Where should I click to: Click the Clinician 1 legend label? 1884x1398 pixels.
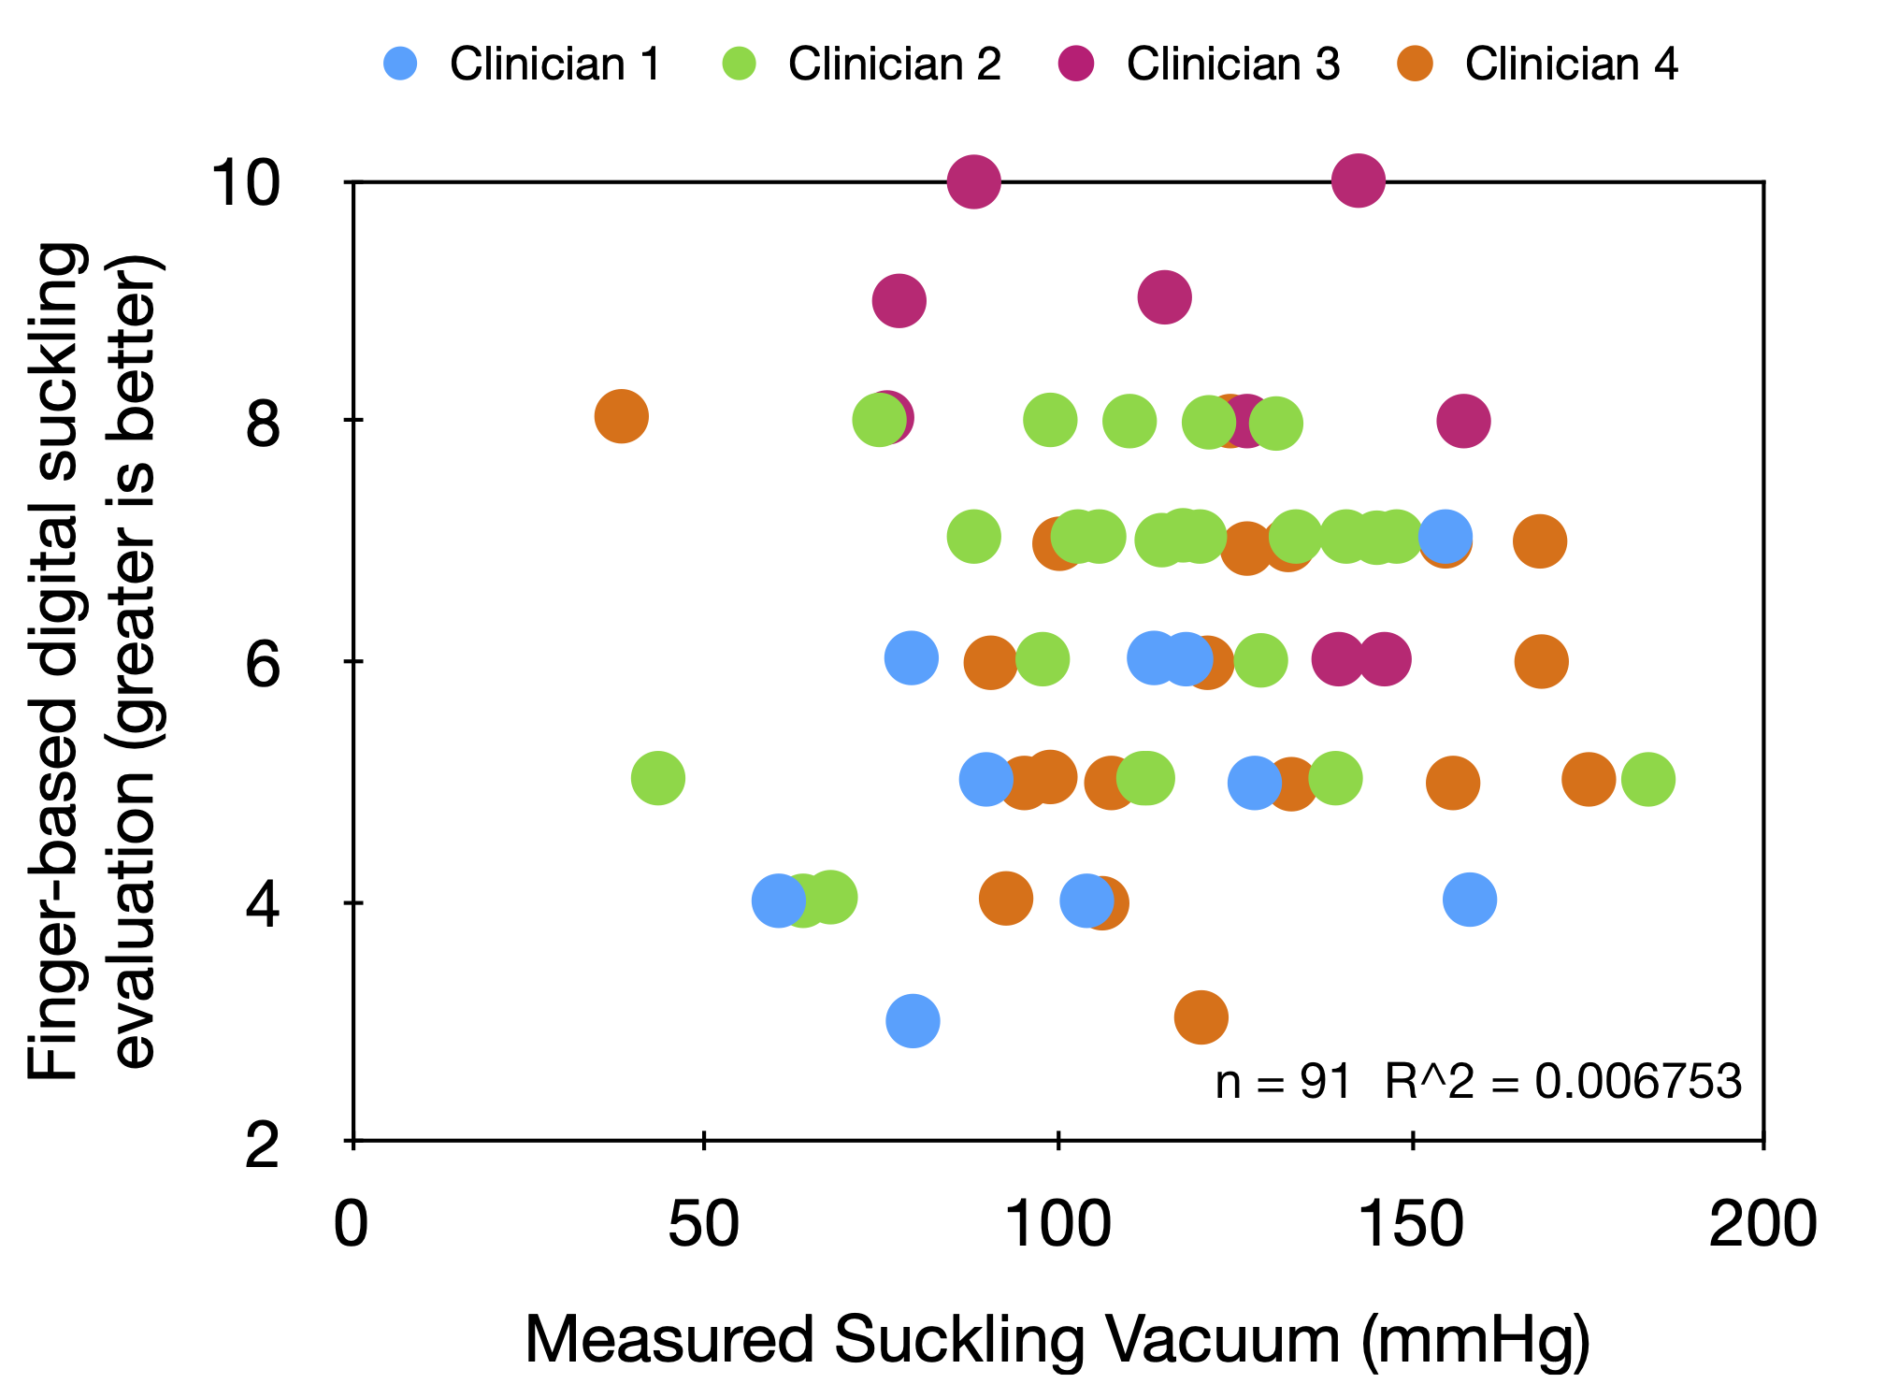(x=555, y=64)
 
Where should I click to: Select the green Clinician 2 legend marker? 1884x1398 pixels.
(x=739, y=64)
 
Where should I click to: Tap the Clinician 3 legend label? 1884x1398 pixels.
(x=1232, y=64)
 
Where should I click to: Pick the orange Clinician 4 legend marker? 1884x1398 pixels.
(x=1416, y=64)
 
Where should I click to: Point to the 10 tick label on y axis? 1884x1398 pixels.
(x=245, y=181)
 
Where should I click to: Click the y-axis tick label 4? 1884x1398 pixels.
(x=263, y=905)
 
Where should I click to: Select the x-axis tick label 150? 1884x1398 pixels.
(x=1411, y=1225)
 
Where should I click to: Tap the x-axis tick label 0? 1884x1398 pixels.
(x=352, y=1225)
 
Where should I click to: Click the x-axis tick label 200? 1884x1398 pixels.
(x=1762, y=1225)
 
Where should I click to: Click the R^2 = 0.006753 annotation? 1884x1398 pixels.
(x=1563, y=1082)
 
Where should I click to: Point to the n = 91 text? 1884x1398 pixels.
(x=1283, y=1082)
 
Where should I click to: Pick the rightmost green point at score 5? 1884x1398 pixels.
(x=1647, y=779)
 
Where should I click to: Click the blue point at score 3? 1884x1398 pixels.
(x=913, y=1020)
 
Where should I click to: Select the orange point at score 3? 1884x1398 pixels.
(x=1201, y=1016)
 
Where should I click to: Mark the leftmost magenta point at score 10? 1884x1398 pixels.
(x=974, y=181)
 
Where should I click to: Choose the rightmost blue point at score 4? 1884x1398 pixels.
(x=1470, y=900)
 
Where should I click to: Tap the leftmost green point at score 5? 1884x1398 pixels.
(x=658, y=778)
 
